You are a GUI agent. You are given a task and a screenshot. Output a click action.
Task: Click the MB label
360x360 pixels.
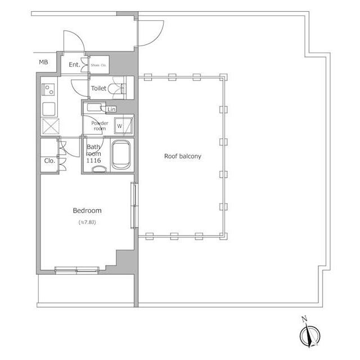click(x=43, y=62)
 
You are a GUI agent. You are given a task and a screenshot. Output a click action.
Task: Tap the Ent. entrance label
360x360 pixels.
click(x=74, y=65)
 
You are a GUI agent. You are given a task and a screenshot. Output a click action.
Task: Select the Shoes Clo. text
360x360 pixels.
click(x=98, y=65)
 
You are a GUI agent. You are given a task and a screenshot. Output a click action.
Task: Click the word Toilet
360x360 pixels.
click(x=99, y=88)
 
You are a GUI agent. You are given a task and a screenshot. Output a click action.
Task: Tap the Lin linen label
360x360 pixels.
click(x=111, y=109)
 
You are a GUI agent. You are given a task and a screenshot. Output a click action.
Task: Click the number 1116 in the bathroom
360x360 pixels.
click(x=93, y=161)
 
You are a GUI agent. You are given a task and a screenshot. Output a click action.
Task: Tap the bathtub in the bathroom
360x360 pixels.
click(x=121, y=155)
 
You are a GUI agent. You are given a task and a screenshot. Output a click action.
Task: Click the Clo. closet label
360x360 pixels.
click(x=49, y=160)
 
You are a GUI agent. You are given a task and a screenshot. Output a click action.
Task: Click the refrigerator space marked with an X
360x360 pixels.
click(x=49, y=126)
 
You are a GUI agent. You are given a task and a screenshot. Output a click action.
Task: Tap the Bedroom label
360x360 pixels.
click(x=87, y=211)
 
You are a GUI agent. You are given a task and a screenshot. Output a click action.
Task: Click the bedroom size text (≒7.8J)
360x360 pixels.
click(x=87, y=223)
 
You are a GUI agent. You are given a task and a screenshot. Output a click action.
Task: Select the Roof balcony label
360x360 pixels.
click(x=182, y=156)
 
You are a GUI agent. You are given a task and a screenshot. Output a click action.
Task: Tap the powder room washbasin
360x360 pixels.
click(x=93, y=107)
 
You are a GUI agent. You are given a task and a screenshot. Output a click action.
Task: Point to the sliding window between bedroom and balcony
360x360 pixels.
click(x=134, y=205)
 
